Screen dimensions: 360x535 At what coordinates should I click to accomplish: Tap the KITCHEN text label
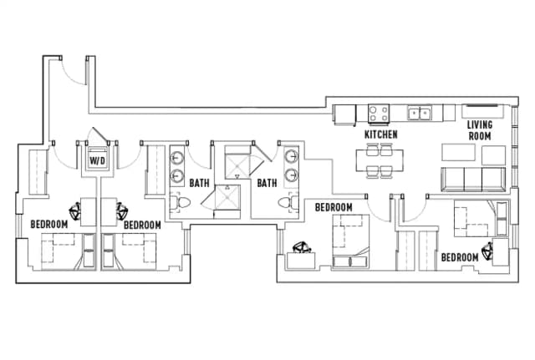click(380, 134)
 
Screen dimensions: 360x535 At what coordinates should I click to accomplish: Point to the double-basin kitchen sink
click(420, 113)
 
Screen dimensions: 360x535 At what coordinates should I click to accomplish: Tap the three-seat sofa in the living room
click(473, 178)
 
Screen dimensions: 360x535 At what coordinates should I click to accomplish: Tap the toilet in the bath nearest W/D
click(178, 203)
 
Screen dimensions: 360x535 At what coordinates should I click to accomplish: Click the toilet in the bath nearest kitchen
click(287, 203)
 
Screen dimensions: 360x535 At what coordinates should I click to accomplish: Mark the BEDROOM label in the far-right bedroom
click(460, 256)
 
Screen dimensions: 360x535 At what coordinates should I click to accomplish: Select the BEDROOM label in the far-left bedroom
click(48, 224)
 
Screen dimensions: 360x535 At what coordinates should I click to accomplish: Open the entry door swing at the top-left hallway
click(74, 71)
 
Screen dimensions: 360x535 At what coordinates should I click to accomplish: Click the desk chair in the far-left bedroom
click(75, 211)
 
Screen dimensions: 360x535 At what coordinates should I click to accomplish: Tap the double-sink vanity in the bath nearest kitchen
click(291, 165)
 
